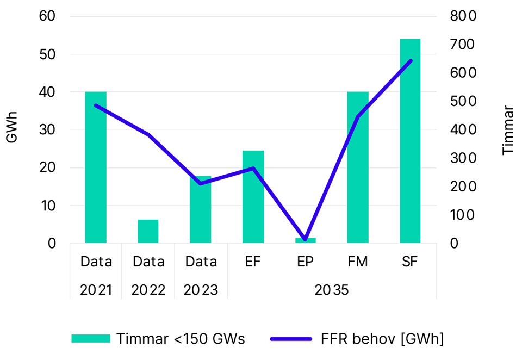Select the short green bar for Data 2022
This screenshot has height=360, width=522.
pyautogui.click(x=148, y=232)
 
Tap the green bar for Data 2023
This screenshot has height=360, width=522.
pyautogui.click(x=200, y=210)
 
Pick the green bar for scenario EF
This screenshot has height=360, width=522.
pyautogui.click(x=253, y=197)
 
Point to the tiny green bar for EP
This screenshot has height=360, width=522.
pyautogui.click(x=306, y=240)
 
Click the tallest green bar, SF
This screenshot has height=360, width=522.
pyautogui.click(x=410, y=141)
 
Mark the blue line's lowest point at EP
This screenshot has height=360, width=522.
pyautogui.click(x=306, y=239)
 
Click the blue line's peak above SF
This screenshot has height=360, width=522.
pyautogui.click(x=411, y=60)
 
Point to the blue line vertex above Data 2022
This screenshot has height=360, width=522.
pyautogui.click(x=148, y=134)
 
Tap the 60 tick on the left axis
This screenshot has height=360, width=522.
pyautogui.click(x=48, y=16)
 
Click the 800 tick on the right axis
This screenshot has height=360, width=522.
pyautogui.click(x=463, y=16)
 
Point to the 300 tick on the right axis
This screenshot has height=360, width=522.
pyautogui.click(x=463, y=158)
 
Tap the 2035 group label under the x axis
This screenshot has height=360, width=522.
pyautogui.click(x=332, y=290)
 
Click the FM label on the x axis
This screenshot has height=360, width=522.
pyautogui.click(x=358, y=262)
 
